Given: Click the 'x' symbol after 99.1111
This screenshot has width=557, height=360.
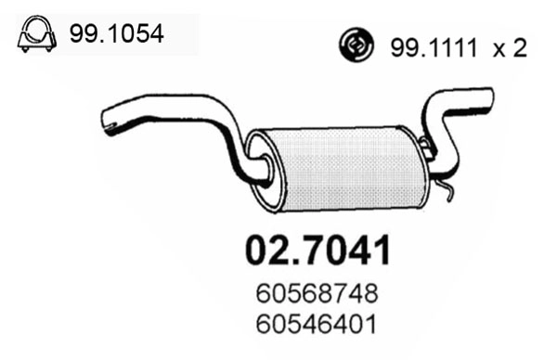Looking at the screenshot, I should [497, 48].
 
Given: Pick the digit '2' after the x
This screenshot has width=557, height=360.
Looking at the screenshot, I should [520, 47].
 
